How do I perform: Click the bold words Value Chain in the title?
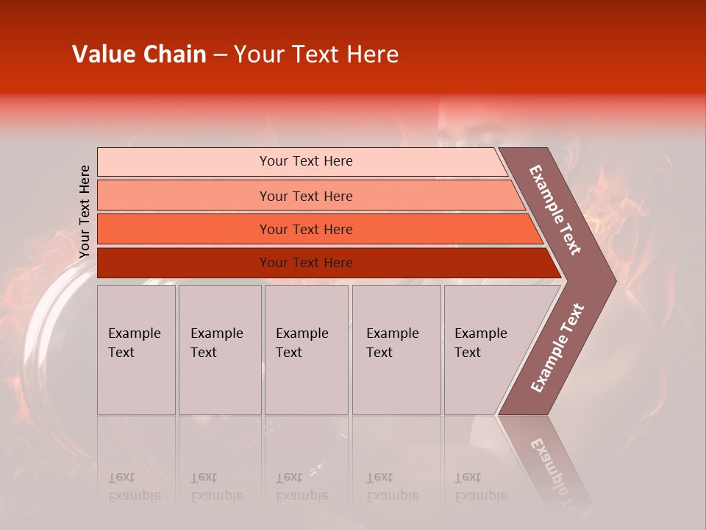[139, 54]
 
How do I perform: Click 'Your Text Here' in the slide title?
[316, 54]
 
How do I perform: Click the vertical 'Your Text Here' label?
[85, 211]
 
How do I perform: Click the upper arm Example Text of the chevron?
[555, 210]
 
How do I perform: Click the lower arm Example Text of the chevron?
[557, 348]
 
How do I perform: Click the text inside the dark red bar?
[306, 263]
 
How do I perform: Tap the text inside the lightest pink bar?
[306, 161]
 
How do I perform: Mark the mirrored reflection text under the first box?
[134, 487]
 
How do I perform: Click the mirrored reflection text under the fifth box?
[480, 487]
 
